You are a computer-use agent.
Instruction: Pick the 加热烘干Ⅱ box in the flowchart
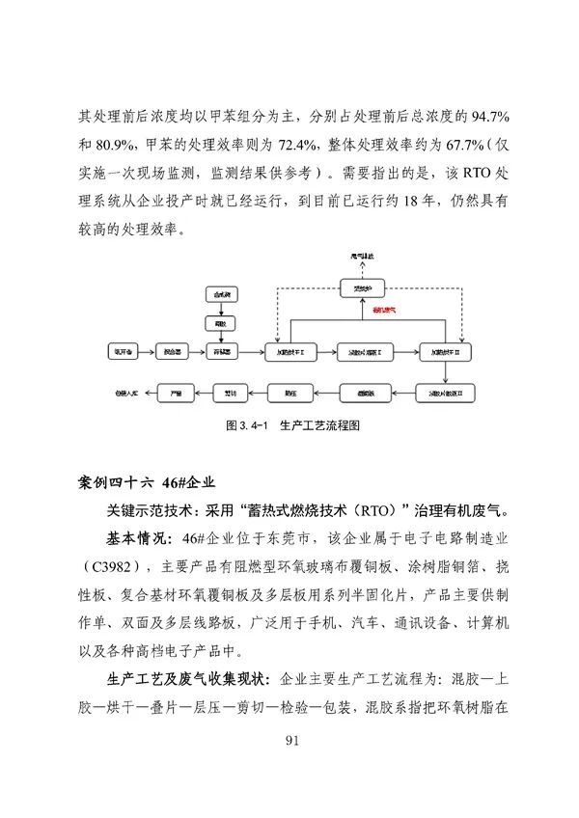pyautogui.click(x=446, y=353)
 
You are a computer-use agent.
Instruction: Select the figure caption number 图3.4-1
pyautogui.click(x=245, y=425)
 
